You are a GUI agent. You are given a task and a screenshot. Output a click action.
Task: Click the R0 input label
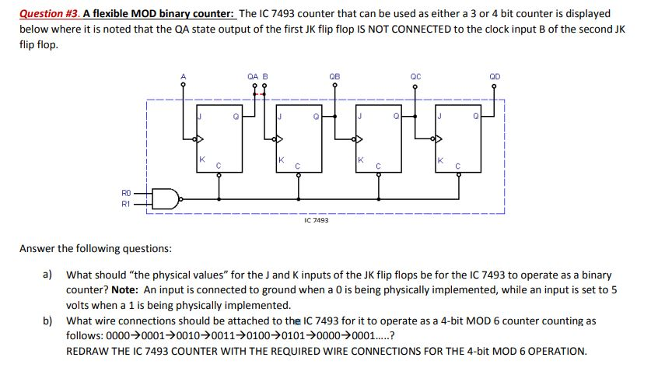(126, 191)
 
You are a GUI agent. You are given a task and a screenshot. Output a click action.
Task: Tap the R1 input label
(126, 205)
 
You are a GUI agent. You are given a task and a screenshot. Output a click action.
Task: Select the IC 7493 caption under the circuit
(316, 221)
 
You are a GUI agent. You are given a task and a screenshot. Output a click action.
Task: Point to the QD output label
(495, 76)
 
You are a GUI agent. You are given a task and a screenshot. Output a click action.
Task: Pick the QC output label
(415, 76)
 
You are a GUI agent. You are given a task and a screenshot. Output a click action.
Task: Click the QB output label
(334, 76)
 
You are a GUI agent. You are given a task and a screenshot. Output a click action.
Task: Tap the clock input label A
(184, 76)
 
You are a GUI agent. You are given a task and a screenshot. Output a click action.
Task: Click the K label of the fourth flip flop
(440, 159)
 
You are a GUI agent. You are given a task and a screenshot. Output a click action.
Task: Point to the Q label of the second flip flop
(315, 118)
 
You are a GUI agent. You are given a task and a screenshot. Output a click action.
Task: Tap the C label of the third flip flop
(378, 166)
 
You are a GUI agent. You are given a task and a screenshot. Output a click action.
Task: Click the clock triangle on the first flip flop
(200, 140)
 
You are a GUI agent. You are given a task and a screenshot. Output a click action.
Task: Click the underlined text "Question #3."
(49, 14)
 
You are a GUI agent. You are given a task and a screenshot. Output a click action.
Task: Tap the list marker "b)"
(48, 321)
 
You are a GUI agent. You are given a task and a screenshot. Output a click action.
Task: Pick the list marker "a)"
(48, 275)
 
